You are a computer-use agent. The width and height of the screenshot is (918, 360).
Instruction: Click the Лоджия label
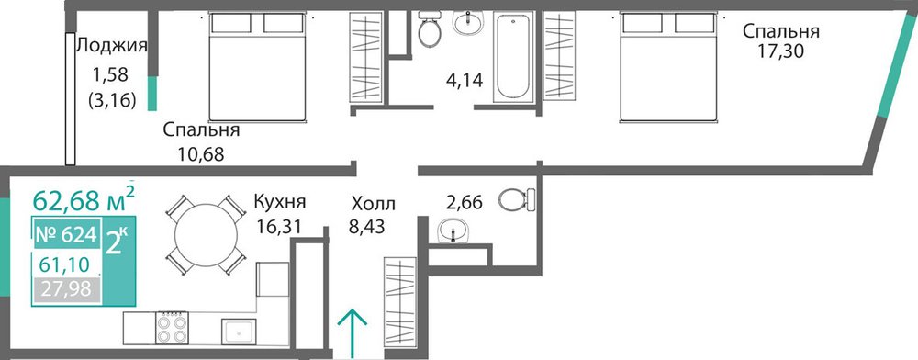click(x=112, y=45)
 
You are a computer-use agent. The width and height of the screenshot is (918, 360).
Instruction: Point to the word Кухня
click(x=279, y=203)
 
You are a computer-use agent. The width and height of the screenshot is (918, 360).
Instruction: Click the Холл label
click(x=374, y=204)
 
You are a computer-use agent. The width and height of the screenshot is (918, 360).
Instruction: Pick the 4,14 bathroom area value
click(x=465, y=80)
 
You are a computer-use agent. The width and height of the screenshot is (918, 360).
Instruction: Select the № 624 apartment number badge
click(x=66, y=234)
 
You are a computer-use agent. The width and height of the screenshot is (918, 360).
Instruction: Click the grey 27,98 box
click(x=66, y=290)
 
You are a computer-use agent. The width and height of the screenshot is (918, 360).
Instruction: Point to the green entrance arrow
click(x=353, y=333)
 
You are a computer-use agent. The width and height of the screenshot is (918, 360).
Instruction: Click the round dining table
click(x=206, y=235)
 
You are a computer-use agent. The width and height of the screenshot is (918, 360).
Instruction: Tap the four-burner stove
click(x=173, y=328)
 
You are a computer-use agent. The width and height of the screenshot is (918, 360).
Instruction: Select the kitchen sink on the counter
click(x=239, y=332)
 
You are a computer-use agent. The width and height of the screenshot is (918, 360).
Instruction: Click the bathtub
click(x=513, y=57)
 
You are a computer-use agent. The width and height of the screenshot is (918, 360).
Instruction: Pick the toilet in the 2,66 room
click(x=518, y=199)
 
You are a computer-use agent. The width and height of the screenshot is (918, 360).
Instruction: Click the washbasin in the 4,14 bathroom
click(x=468, y=23)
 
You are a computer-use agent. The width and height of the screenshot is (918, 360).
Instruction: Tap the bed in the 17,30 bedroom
click(x=669, y=67)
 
